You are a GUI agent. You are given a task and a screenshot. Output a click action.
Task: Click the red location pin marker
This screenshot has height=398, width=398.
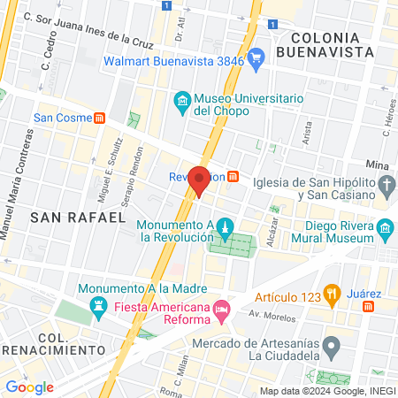point(200,180)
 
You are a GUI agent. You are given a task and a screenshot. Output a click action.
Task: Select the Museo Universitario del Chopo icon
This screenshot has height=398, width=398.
point(182,102)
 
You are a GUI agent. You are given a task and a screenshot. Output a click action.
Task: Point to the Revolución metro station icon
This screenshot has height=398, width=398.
point(232,176)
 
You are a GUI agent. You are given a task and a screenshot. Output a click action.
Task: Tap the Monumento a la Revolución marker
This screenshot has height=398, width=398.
point(225,229)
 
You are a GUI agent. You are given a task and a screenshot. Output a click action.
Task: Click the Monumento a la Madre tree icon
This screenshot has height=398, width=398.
point(95,310)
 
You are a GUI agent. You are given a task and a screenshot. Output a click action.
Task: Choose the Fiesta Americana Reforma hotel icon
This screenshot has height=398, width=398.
point(221,309)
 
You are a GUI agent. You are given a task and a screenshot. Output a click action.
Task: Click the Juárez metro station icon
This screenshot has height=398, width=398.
point(368,305)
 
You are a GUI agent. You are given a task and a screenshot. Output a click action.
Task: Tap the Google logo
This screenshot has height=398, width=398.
point(29,387)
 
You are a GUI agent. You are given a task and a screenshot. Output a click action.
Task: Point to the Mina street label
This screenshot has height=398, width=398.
point(377,165)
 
